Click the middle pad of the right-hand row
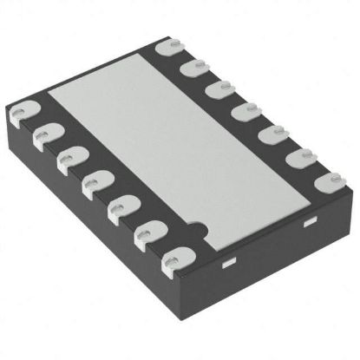pyautogui.click(x=248, y=109)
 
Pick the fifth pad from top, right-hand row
pyautogui.click(x=276, y=133)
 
